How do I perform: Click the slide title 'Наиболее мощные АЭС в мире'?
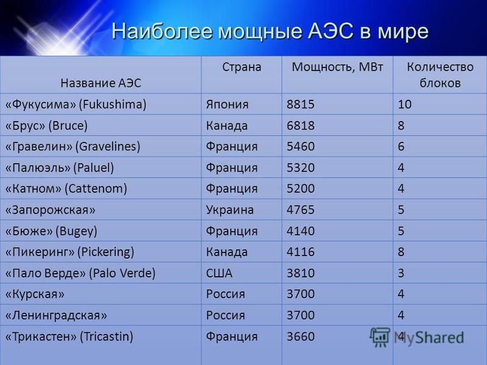pos(270,32)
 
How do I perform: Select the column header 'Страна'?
pos(242,67)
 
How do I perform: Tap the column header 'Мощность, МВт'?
pos(337,68)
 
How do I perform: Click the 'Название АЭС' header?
pos(101,83)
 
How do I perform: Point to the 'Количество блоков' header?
pos(440,75)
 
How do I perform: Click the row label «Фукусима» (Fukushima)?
pos(75,104)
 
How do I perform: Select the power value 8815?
pos(300,104)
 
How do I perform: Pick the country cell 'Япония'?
pos(227,104)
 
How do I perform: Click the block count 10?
pos(405,104)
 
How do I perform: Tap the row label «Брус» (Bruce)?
pos(46,125)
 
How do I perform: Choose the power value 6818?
pos(300,125)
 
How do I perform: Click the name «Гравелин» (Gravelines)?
pos(72,146)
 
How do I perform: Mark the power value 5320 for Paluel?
pos(300,168)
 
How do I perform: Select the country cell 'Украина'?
pos(230,210)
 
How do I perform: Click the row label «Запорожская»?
pos(50,210)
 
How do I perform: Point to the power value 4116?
pos(300,252)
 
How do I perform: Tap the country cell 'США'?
pos(219,273)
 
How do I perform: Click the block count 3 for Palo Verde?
pos(401,273)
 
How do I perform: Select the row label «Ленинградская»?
pos(56,315)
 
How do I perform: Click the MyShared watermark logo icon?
pos(379,337)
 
